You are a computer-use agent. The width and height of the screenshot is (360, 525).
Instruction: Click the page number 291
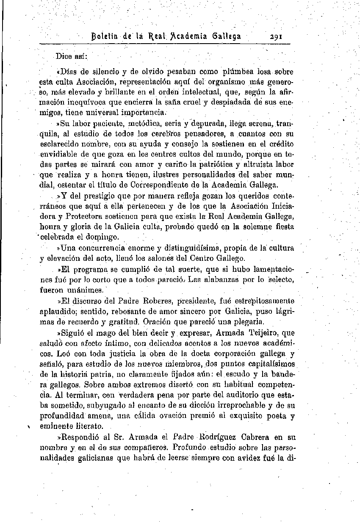pyautogui.click(x=277, y=36)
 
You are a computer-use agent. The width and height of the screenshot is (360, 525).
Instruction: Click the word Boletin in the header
pyautogui.click(x=104, y=36)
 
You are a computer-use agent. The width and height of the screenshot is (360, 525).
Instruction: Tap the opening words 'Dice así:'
pyautogui.click(x=72, y=56)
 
